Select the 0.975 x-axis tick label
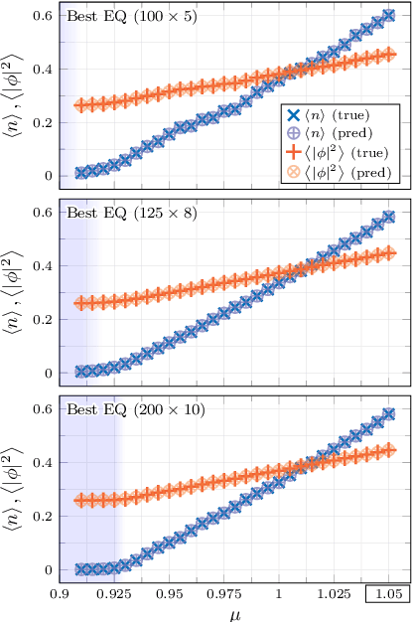point(222,594)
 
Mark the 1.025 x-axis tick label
point(334,594)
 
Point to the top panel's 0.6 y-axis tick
point(47,16)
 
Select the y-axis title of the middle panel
point(14,292)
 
